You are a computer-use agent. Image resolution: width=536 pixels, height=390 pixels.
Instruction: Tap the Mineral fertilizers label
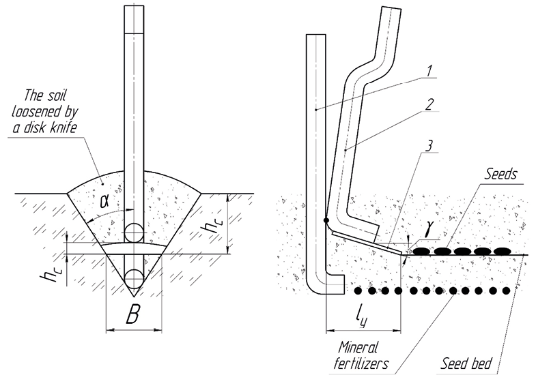pyautogui.click(x=361, y=355)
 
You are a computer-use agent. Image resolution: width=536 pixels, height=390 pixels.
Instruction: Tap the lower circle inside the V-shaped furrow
pyautogui.click(x=134, y=278)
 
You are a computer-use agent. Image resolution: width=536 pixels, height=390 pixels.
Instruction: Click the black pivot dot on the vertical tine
pyautogui.click(x=327, y=220)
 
